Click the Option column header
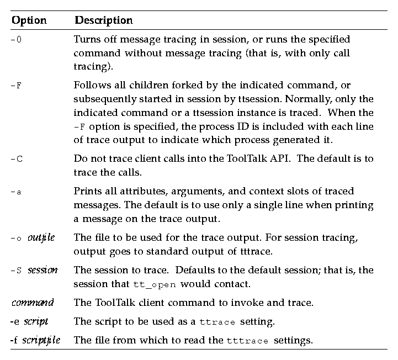[29, 20]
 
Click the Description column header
[104, 20]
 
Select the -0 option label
[17, 40]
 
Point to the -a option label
[17, 192]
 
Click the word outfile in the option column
[41, 238]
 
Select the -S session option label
[34, 271]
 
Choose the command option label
[33, 302]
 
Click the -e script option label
[29, 321]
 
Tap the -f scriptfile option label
[35, 340]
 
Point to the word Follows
[91, 86]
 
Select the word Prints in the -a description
[87, 191]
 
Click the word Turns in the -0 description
[86, 40]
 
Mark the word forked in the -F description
[177, 86]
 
